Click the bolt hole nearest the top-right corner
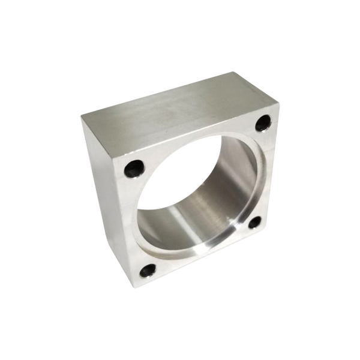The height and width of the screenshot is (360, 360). (x=263, y=124)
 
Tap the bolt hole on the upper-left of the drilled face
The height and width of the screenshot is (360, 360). (x=134, y=169)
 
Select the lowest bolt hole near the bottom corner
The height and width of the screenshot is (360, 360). (x=147, y=271)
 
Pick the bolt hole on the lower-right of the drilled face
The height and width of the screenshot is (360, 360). (x=254, y=223)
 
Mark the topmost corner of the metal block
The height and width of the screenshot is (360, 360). (x=233, y=73)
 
